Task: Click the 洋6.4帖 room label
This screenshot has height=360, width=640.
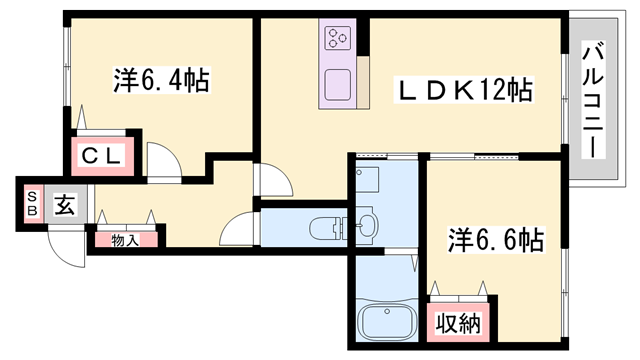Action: click(x=160, y=81)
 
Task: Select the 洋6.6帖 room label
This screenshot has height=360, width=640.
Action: click(x=494, y=240)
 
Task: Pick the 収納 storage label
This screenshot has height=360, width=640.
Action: click(x=458, y=323)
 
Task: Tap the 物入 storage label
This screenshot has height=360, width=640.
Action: click(x=125, y=238)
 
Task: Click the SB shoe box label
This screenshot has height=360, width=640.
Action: click(x=32, y=204)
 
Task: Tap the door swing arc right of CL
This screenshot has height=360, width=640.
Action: click(x=162, y=159)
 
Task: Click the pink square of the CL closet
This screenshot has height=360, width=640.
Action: click(x=101, y=157)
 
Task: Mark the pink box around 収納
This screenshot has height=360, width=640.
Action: click(x=458, y=324)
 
